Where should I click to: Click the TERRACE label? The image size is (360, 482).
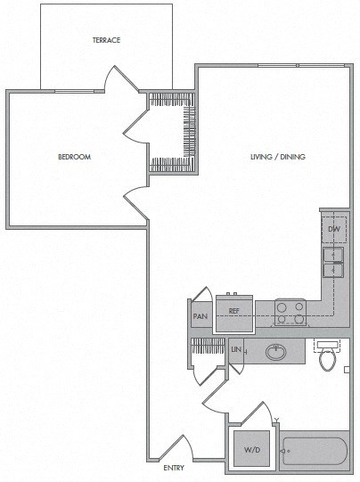pyautogui.click(x=106, y=41)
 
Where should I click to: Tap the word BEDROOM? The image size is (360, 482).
pyautogui.click(x=75, y=157)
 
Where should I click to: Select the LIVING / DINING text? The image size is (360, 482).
pyautogui.click(x=277, y=157)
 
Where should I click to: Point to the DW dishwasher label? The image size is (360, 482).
pyautogui.click(x=334, y=230)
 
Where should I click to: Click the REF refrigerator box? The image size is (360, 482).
pyautogui.click(x=234, y=311)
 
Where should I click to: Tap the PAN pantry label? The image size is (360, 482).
pyautogui.click(x=200, y=315)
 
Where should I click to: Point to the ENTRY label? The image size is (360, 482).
pyautogui.click(x=174, y=469)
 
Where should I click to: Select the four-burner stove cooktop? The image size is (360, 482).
pyautogui.click(x=290, y=312)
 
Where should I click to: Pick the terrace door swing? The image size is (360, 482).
pyautogui.click(x=119, y=79)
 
